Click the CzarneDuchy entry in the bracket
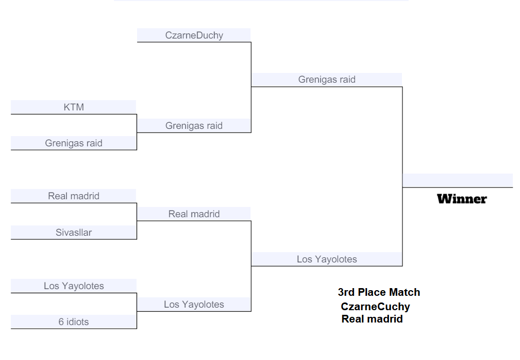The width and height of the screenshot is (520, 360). pyautogui.click(x=194, y=35)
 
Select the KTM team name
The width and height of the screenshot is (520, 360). pyautogui.click(x=74, y=107)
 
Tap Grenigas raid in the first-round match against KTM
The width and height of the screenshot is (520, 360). pyautogui.click(x=74, y=143)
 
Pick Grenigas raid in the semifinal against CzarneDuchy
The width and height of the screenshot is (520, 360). pyautogui.click(x=194, y=126)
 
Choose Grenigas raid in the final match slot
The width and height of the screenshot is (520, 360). pyautogui.click(x=327, y=80)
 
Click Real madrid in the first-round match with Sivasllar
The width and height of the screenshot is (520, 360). pyautogui.click(x=74, y=196)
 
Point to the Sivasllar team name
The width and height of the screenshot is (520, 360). pyautogui.click(x=74, y=233)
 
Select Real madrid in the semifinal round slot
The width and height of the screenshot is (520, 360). pyautogui.click(x=194, y=214)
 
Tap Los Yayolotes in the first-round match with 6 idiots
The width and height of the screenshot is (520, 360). pyautogui.click(x=74, y=286)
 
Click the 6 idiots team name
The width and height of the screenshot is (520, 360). pyautogui.click(x=74, y=322)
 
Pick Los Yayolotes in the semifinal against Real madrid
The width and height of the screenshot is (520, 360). pyautogui.click(x=194, y=305)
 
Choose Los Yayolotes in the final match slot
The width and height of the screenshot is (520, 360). pyautogui.click(x=327, y=259)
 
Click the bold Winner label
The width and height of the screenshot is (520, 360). pyautogui.click(x=462, y=199)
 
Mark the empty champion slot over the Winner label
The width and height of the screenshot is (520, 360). pyautogui.click(x=457, y=181)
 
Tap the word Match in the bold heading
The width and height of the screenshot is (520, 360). pyautogui.click(x=405, y=292)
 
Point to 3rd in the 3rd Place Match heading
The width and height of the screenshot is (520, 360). pyautogui.click(x=346, y=292)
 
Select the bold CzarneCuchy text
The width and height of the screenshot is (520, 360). pyautogui.click(x=375, y=307)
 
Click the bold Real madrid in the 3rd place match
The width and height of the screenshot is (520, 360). pyautogui.click(x=372, y=319)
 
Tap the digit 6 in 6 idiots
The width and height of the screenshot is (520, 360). pyautogui.click(x=61, y=322)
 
